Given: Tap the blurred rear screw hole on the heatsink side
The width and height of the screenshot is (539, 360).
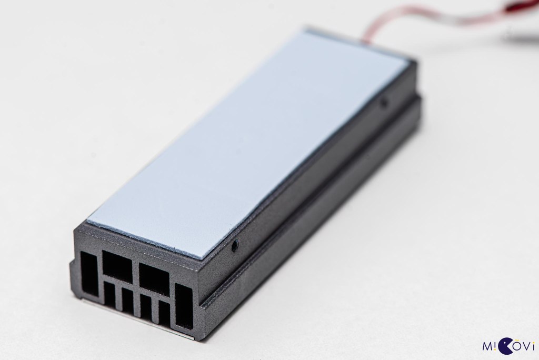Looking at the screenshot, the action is tap(384, 103).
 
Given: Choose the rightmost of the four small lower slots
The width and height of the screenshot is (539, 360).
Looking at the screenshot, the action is tap(164, 314).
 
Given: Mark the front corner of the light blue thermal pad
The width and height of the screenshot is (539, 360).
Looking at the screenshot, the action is tap(202, 257).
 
